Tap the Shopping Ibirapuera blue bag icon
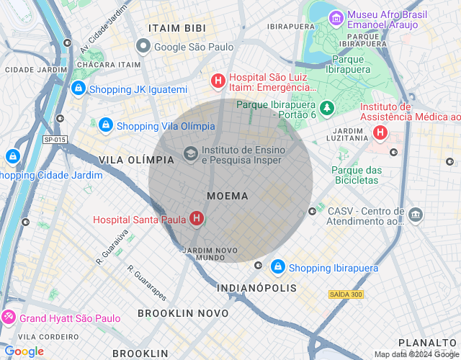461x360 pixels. click(277, 267)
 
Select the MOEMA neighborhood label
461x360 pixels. click(227, 196)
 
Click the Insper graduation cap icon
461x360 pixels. click(190, 153)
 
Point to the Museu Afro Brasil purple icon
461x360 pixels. click(336, 17)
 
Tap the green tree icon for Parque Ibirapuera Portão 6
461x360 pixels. click(327, 108)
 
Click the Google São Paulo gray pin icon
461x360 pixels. click(143, 47)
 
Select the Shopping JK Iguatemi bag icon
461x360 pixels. click(78, 89)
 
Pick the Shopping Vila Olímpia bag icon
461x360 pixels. click(106, 125)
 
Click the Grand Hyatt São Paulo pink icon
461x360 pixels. click(9, 317)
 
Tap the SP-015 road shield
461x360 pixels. click(54, 140)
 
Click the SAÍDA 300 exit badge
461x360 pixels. click(346, 294)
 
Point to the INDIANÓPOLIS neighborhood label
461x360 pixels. click(256, 288)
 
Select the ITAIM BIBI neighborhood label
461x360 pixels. click(177, 28)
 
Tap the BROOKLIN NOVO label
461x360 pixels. click(183, 313)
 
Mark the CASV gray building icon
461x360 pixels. click(416, 215)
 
